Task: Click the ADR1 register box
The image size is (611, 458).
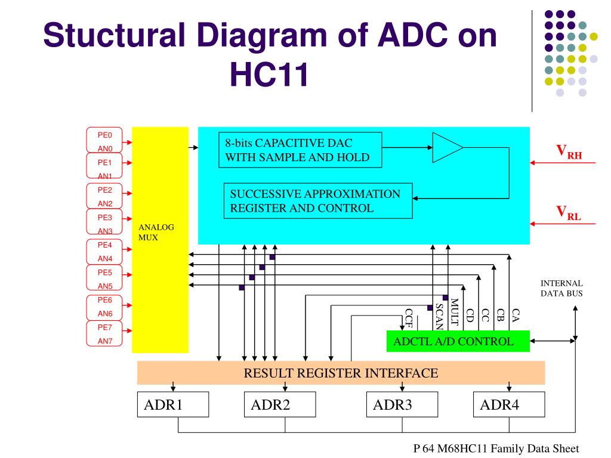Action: click(x=173, y=405)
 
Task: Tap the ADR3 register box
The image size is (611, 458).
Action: click(x=402, y=405)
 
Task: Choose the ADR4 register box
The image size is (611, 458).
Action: click(x=509, y=405)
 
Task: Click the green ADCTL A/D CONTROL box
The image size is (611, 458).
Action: click(x=458, y=342)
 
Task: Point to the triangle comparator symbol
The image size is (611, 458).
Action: click(x=446, y=147)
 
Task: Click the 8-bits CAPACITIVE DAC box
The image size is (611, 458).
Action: click(x=299, y=150)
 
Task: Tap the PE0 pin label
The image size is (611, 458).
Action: click(x=105, y=135)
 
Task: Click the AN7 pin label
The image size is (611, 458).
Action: click(x=105, y=341)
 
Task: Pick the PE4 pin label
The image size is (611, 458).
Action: click(x=105, y=245)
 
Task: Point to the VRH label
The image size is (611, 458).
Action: click(x=569, y=152)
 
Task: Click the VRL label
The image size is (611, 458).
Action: click(x=569, y=212)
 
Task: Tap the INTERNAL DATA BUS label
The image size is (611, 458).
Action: click(x=561, y=288)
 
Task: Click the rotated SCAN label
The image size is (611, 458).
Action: click(x=439, y=315)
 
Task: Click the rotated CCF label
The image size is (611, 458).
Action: click(x=409, y=320)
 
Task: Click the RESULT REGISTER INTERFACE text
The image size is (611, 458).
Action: click(x=341, y=373)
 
